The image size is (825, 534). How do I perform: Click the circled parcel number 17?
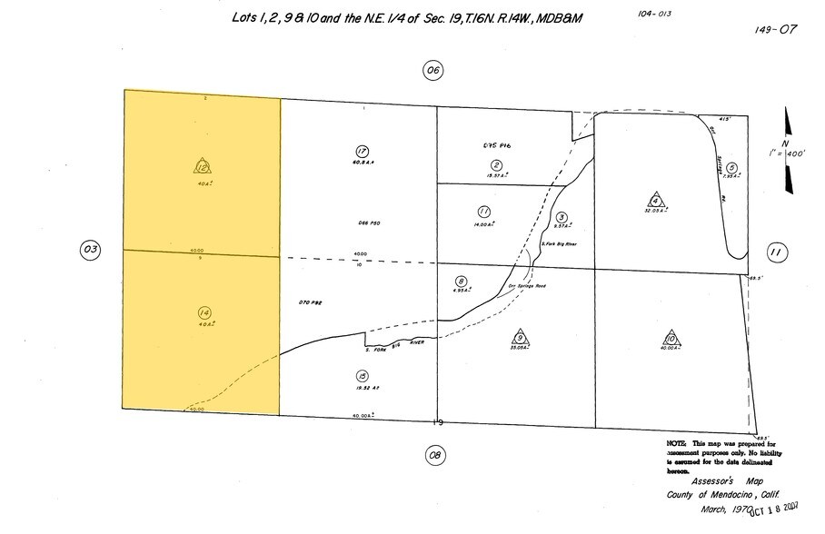click(362, 152)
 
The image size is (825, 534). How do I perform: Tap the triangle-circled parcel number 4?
click(654, 199)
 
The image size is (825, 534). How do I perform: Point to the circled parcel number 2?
click(497, 164)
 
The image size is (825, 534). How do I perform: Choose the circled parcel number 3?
click(562, 218)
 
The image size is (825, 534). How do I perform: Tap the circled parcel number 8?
click(462, 282)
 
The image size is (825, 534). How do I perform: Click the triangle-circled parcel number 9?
click(519, 335)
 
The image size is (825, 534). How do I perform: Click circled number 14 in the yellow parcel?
click(203, 313)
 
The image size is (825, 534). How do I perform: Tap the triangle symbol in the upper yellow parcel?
click(202, 166)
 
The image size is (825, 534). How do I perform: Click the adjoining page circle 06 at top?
click(433, 70)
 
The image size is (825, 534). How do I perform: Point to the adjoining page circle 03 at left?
click(89, 251)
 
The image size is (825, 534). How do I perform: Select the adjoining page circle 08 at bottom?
click(434, 454)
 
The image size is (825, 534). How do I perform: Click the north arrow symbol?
click(789, 150)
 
